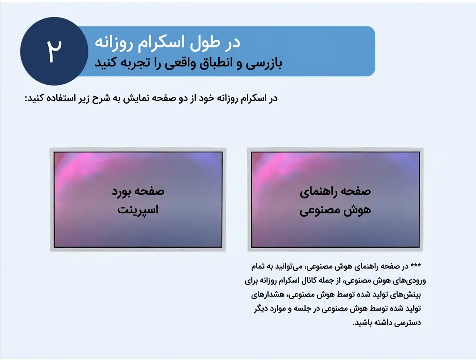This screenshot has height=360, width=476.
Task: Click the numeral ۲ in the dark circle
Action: point(54,51)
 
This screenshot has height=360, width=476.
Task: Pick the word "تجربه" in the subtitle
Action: point(133,63)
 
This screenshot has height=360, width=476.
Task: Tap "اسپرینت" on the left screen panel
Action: point(138,210)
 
